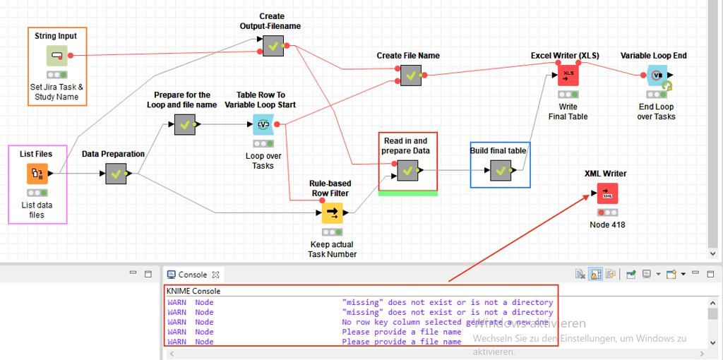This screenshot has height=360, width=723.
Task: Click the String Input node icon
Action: pos(57,55)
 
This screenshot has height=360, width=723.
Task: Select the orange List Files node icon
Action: pos(37,174)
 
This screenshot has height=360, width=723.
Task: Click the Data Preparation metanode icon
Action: pos(116,174)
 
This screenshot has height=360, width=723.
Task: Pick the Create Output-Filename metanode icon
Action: pos(273,46)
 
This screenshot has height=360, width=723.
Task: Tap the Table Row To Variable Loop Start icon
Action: pos(263,125)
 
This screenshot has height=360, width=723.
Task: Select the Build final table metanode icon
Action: pos(501,170)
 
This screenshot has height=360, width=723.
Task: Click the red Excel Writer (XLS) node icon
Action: pos(568,76)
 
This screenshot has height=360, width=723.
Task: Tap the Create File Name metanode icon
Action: pos(410,75)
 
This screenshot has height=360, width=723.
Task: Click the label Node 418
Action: pos(607,225)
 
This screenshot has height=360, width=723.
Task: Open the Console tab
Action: pos(192,275)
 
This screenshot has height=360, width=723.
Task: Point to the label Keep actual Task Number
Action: pos(332,249)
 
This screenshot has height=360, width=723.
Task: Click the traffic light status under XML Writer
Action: pos(607,212)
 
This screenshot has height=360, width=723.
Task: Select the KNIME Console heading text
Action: pos(193,291)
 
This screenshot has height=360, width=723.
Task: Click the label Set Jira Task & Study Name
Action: pos(57,92)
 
